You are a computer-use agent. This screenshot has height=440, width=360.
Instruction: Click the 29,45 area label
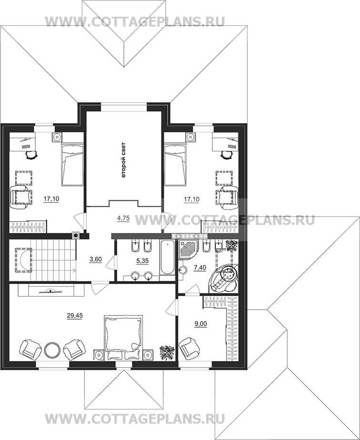coord(75,316)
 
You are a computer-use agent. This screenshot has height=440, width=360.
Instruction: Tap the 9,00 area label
coord(201,324)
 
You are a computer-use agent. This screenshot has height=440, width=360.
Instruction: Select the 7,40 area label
coord(200,268)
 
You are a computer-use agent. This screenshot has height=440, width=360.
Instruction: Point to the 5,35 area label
coord(142,261)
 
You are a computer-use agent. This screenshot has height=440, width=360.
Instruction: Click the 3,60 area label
coord(95,260)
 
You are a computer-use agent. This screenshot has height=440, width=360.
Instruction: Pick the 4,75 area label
coord(123,218)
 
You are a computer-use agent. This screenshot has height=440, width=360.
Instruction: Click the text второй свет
coord(123,160)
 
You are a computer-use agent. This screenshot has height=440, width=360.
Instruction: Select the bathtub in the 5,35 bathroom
coord(167,258)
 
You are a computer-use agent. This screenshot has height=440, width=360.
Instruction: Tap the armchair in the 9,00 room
coord(189,347)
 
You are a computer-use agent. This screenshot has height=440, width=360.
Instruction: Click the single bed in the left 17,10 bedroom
coord(72,165)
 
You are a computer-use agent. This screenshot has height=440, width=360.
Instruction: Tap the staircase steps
coord(53,260)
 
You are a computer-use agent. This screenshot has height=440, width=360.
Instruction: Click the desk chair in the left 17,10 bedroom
coord(31,155)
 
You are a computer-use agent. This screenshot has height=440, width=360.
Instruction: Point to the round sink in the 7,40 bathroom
coord(183,270)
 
